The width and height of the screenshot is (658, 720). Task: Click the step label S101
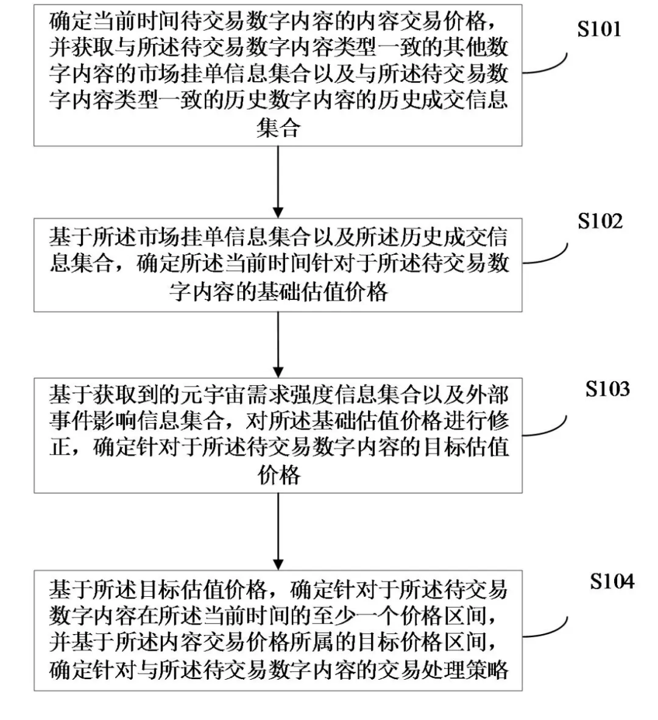click(x=599, y=29)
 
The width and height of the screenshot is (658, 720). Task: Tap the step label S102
click(x=600, y=221)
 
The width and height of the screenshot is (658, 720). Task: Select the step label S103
click(x=607, y=389)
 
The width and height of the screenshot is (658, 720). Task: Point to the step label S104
click(x=612, y=582)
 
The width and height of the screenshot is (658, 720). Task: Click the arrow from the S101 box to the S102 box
click(x=278, y=182)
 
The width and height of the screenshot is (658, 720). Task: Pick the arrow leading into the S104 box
click(x=278, y=532)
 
